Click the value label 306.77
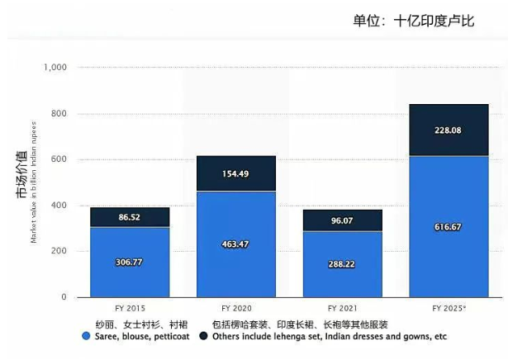click(x=130, y=262)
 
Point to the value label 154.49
click(x=236, y=173)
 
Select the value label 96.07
click(x=343, y=220)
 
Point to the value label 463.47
click(x=236, y=244)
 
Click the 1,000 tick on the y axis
click(x=58, y=68)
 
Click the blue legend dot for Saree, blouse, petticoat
click(x=86, y=337)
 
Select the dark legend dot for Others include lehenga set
click(x=205, y=337)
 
